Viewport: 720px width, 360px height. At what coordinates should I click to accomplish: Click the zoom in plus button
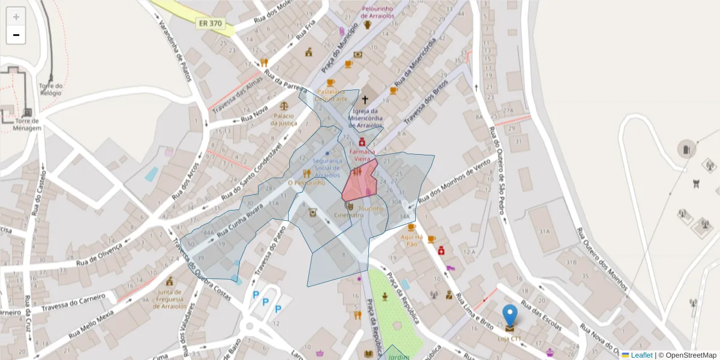[16, 17]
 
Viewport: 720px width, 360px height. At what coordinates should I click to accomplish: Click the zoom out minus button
[16, 35]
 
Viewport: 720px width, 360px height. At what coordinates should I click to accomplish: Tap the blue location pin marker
[509, 316]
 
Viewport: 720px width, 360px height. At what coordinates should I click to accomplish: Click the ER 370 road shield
[209, 23]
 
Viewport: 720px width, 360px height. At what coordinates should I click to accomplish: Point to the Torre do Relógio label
[50, 89]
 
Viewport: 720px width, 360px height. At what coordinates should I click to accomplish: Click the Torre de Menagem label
[27, 124]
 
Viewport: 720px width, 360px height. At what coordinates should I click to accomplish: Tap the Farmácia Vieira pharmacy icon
[362, 142]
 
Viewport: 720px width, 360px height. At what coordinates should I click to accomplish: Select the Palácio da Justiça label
[284, 119]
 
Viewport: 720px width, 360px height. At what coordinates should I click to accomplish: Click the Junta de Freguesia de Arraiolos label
[170, 299]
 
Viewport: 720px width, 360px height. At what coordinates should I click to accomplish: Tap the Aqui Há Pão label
[412, 240]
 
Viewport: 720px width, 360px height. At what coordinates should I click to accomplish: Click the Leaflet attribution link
[641, 355]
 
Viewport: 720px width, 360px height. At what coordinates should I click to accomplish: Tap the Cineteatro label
[349, 215]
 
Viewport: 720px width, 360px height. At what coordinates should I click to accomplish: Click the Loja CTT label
[509, 339]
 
